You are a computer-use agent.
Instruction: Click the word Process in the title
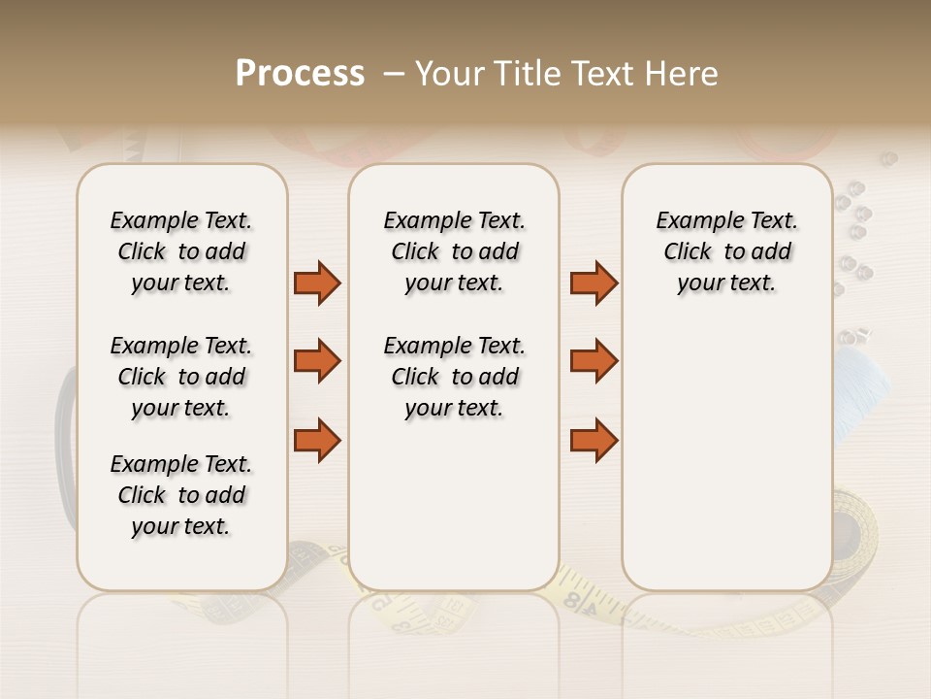pos(300,74)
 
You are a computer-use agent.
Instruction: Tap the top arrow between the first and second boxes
pos(317,283)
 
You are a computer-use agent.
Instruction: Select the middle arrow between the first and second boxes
pos(317,361)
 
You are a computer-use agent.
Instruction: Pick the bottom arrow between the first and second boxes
pos(317,441)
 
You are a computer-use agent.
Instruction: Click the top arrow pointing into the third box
pos(594,283)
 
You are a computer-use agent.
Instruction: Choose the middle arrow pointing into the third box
pos(594,361)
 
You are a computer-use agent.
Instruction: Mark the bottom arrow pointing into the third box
pos(594,441)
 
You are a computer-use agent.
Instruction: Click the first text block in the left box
pos(181,251)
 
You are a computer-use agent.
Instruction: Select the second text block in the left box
pos(181,377)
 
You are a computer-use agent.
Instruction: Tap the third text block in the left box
pos(181,495)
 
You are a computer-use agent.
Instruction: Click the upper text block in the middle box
pos(454,251)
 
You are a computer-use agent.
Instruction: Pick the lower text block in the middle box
pos(454,377)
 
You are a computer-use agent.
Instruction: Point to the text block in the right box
pos(726,251)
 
